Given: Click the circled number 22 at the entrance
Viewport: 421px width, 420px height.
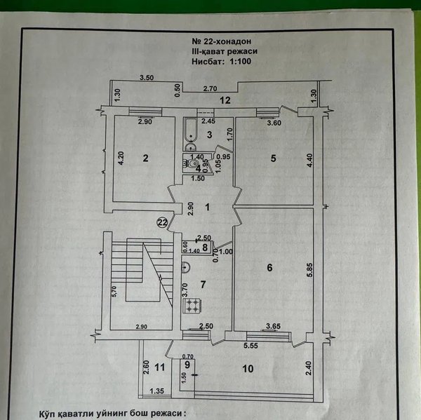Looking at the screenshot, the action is (x=163, y=222).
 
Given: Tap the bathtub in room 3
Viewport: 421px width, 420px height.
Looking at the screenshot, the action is (x=191, y=130).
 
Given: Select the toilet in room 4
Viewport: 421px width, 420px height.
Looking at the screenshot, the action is (x=191, y=163).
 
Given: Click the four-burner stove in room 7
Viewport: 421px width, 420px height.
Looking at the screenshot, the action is (x=192, y=306).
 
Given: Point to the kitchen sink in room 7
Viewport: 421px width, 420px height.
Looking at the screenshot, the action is (x=186, y=267).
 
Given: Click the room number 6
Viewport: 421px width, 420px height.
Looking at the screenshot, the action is (x=269, y=268).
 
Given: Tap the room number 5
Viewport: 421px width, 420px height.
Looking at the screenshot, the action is (x=273, y=158).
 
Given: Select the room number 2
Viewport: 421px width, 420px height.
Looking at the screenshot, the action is (x=145, y=158).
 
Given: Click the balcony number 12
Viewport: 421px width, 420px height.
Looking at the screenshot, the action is (x=225, y=100).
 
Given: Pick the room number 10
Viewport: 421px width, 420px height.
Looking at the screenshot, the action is (x=248, y=369).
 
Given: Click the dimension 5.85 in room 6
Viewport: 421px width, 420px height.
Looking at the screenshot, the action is (x=310, y=270).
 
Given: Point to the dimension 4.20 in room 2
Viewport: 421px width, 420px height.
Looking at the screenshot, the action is (x=121, y=158).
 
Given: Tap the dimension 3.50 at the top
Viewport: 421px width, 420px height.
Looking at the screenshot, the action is (x=147, y=78).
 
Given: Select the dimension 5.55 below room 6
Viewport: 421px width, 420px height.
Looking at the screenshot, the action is (x=250, y=346).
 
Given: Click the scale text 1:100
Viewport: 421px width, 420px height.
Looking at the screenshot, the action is (x=240, y=61).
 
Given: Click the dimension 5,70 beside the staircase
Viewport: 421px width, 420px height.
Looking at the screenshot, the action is (x=114, y=291).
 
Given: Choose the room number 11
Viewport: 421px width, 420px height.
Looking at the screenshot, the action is (x=160, y=367).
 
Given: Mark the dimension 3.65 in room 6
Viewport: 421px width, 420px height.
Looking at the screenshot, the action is (x=273, y=326).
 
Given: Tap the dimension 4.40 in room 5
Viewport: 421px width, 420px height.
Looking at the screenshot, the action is (x=309, y=161).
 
